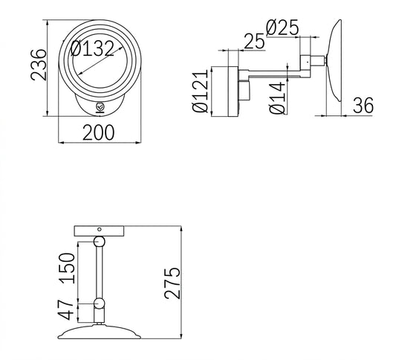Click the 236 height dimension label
pyautogui.click(x=39, y=65)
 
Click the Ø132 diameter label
pyautogui.click(x=92, y=48)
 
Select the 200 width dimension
pyautogui.click(x=99, y=132)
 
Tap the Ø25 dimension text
pyautogui.click(x=282, y=28)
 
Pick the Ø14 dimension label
pyautogui.click(x=277, y=97)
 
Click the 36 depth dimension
pyautogui.click(x=363, y=106)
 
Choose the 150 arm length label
pyautogui.click(x=67, y=268)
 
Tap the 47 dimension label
pyautogui.click(x=66, y=310)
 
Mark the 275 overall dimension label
pyautogui.click(x=172, y=283)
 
